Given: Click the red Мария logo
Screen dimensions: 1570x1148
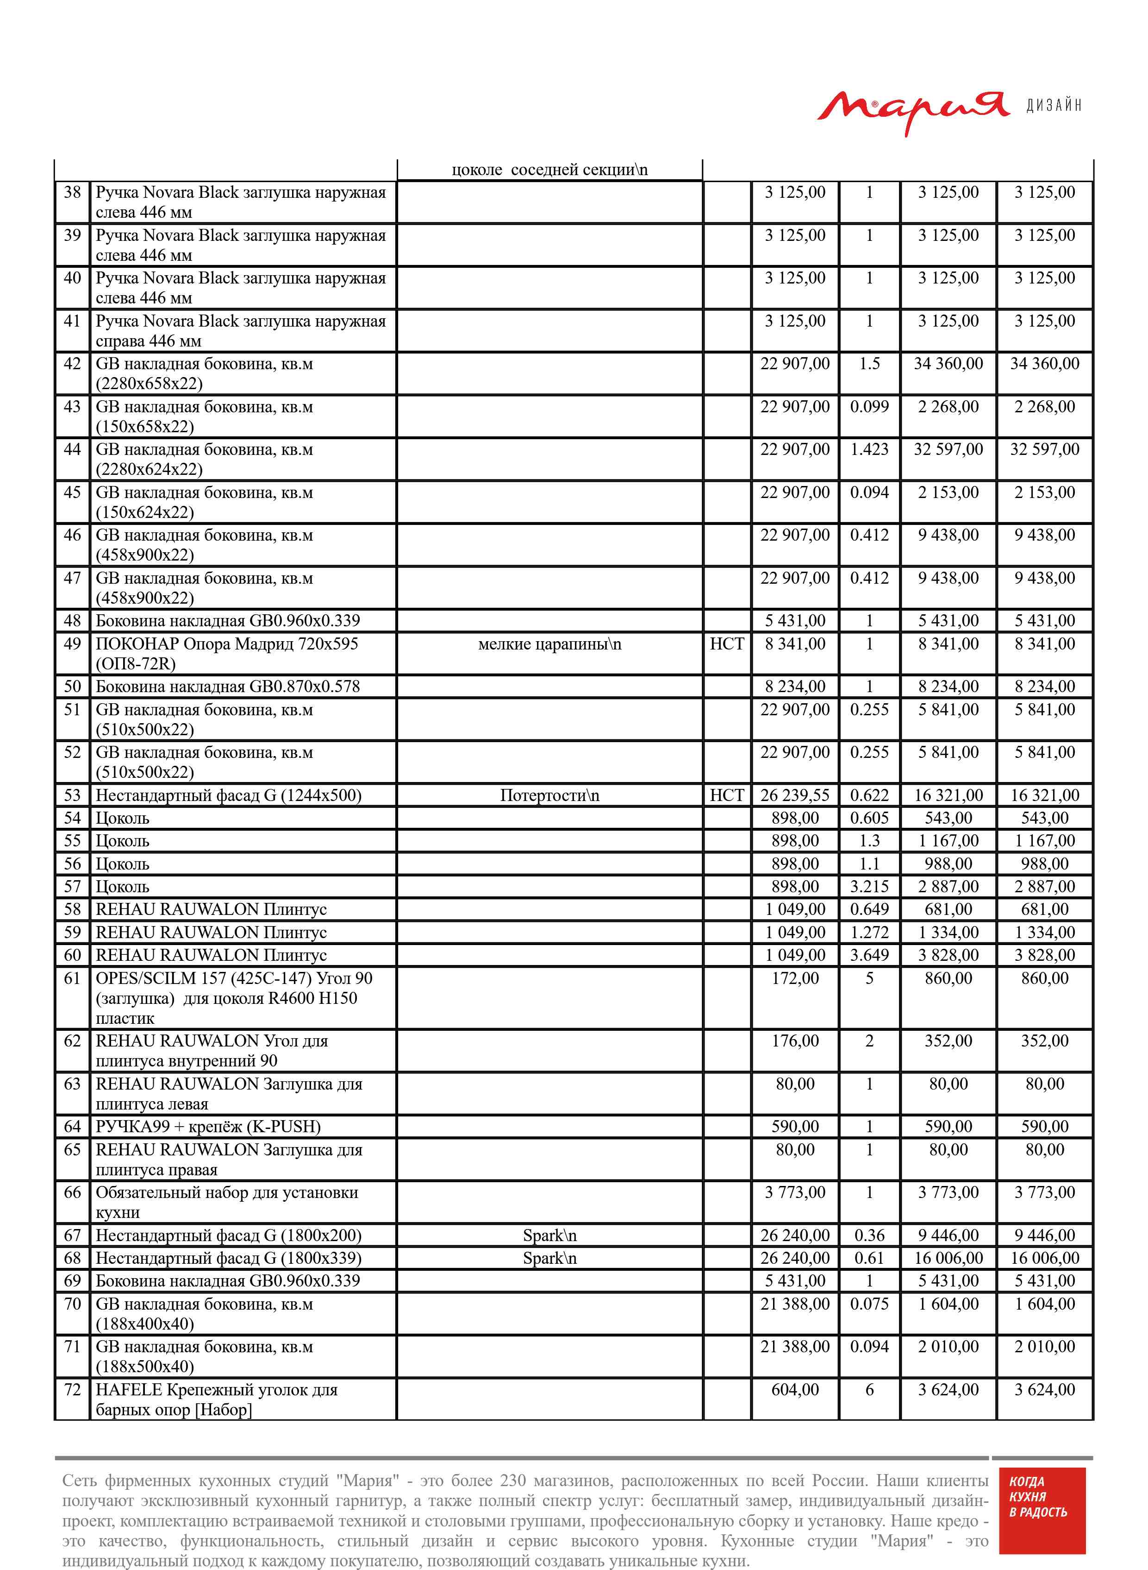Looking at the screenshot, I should point(912,111).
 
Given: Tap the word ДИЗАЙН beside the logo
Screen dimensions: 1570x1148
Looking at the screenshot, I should point(1054,105).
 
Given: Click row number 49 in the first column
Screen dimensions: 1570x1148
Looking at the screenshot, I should point(72,644).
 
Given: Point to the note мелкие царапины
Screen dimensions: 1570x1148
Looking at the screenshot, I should point(549,644).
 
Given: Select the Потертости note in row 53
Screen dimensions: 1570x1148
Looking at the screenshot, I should point(549,795).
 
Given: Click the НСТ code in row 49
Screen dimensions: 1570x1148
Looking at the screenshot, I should point(727,644).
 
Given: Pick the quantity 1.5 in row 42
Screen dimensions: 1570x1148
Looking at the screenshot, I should point(869,364).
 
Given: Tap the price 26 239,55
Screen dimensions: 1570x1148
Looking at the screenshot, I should point(795,795).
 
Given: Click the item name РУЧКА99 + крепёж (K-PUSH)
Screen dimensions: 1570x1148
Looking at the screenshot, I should point(208,1126).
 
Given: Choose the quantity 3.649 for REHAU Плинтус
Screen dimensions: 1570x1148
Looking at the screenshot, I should point(869,955).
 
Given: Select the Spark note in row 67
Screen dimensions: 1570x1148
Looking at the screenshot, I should point(549,1236).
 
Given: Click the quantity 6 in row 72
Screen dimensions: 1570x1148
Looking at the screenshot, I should point(869,1390).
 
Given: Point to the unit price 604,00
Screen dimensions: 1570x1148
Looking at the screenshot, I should point(795,1390).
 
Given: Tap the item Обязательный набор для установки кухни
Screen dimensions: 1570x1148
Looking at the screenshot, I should point(226,1202).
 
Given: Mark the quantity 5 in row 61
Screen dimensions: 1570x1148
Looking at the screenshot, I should point(869,978).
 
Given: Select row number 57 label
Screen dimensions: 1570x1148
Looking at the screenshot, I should point(72,887).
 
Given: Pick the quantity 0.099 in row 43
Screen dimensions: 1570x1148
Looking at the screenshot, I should point(869,407).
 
